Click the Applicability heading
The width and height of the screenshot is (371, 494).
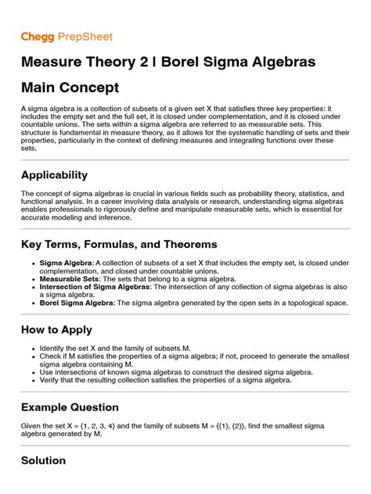(54, 174)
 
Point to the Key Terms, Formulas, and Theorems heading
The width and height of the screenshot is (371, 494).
(119, 245)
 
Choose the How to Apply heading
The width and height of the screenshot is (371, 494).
(56, 329)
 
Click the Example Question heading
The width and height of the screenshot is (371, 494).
(70, 407)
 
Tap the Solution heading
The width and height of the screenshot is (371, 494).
(43, 460)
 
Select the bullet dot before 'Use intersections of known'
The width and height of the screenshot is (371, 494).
(31, 372)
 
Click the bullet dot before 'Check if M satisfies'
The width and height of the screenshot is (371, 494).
(31, 357)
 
